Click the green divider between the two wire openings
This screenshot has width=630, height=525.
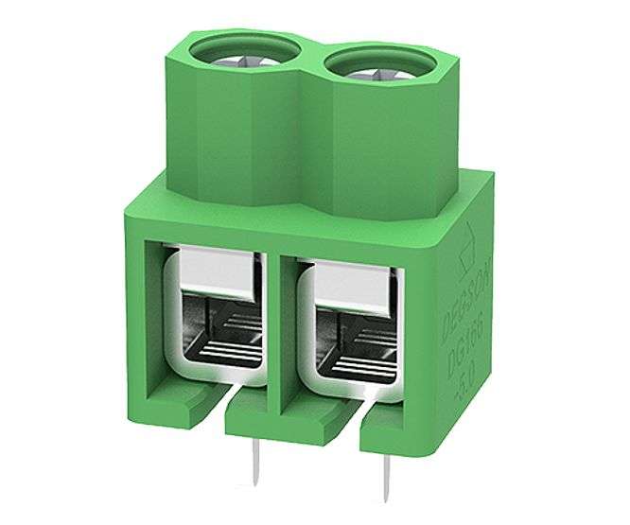coord(282,322)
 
